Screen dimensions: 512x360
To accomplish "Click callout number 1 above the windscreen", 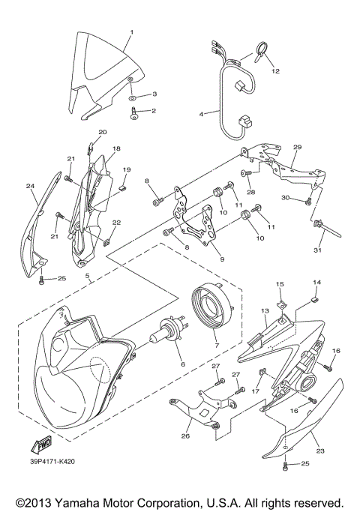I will tap(131, 32).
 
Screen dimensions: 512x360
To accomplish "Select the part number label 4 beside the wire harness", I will tap(201, 114).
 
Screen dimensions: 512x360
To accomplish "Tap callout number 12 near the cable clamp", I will tap(275, 71).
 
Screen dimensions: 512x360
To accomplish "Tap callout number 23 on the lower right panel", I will tap(320, 452).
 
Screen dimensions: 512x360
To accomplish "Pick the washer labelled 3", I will tap(132, 96).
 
